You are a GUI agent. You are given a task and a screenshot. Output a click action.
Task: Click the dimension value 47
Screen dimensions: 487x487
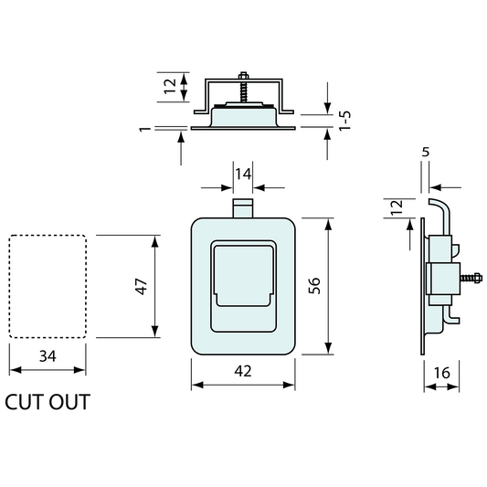142,286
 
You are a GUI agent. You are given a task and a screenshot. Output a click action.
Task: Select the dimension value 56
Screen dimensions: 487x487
314,286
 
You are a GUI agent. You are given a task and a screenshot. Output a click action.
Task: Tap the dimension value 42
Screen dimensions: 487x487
243,371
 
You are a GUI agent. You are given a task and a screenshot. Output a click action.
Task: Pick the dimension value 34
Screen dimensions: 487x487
48,356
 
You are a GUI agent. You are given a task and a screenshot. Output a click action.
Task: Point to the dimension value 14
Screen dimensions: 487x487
243,175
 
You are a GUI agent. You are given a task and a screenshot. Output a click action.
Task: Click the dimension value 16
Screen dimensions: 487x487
441,373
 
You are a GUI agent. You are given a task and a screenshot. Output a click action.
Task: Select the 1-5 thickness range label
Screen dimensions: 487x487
344,121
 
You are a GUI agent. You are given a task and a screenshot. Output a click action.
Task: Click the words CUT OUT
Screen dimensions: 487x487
48,402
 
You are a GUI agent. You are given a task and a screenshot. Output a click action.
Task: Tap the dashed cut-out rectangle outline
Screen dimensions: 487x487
9,286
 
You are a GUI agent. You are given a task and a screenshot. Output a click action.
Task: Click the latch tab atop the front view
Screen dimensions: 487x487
243,208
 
